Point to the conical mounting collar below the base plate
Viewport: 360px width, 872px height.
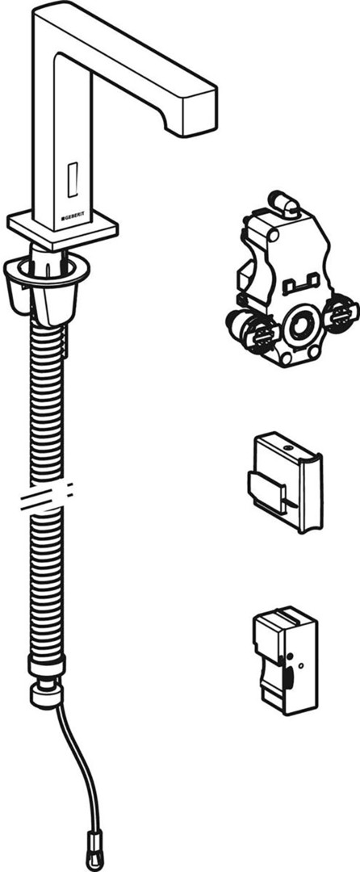pos(46,289)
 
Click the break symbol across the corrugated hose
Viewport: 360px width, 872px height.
pos(46,495)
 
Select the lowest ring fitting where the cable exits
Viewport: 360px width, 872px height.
pos(48,695)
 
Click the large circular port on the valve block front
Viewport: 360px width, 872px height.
pos(300,328)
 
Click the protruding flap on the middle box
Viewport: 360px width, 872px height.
pos(266,488)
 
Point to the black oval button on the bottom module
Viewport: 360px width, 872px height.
pos(289,680)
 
